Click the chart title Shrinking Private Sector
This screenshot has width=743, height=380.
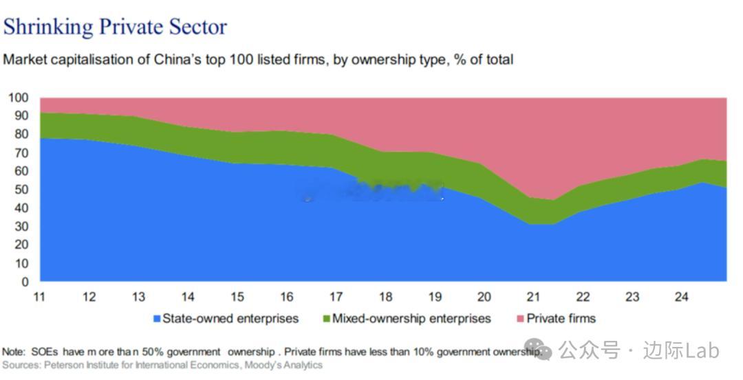point(115,27)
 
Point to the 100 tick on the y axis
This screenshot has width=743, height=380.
point(19,98)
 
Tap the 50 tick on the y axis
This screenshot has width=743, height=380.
point(21,189)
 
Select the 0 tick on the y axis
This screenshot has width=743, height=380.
point(25,281)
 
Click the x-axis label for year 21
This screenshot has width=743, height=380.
point(534,297)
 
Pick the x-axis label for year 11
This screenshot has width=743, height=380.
point(39,297)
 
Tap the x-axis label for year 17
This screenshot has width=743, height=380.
point(336,297)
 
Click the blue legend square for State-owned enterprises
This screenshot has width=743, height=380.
point(156,319)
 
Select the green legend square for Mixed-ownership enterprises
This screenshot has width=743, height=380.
point(326,319)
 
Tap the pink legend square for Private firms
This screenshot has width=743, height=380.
point(521,319)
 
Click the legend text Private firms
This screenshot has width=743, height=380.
point(561,319)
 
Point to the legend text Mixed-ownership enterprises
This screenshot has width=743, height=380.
point(411,319)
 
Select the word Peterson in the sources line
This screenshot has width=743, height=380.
point(65,364)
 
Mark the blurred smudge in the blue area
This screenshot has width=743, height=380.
point(371,190)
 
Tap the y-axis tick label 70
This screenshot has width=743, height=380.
point(21,153)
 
